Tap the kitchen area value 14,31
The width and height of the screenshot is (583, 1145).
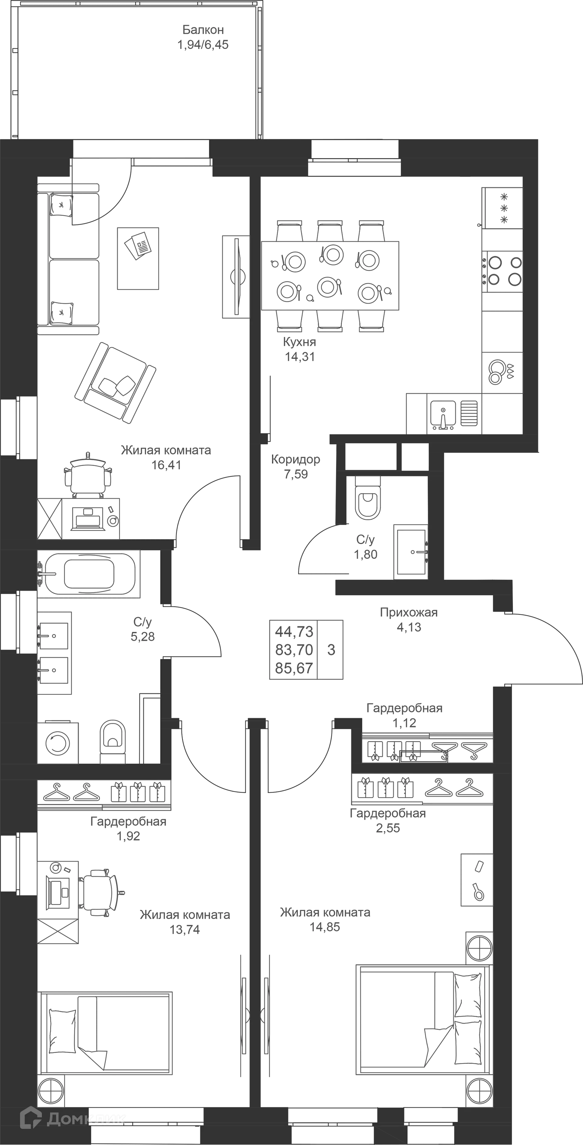300,356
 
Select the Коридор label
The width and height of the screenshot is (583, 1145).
296,459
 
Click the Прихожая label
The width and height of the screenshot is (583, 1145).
409,613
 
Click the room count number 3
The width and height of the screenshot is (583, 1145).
331,650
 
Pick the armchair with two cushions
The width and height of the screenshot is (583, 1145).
115,383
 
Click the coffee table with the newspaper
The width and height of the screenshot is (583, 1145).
138,258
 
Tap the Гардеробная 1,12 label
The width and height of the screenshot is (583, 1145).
404,715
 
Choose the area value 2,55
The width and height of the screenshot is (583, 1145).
388,827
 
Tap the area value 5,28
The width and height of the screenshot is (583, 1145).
143,637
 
